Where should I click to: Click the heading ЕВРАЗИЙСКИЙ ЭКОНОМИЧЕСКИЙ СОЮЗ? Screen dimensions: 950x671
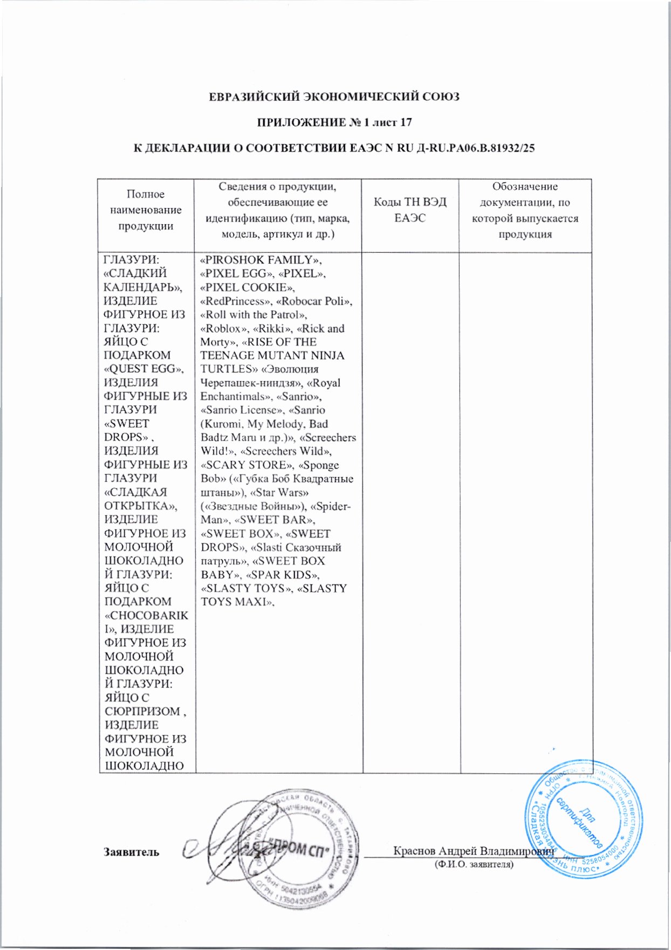tap(334, 97)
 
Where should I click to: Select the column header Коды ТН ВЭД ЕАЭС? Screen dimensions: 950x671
tap(410, 210)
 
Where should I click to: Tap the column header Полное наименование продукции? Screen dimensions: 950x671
tap(146, 210)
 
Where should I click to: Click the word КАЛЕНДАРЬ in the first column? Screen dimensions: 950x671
tap(142, 287)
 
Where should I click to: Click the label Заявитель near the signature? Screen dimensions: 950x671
tap(131, 852)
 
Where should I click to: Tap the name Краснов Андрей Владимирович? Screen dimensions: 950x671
tap(474, 851)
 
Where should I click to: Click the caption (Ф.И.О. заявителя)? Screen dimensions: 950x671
tap(474, 864)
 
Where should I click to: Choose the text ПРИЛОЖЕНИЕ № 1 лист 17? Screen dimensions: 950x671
tap(334, 122)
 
